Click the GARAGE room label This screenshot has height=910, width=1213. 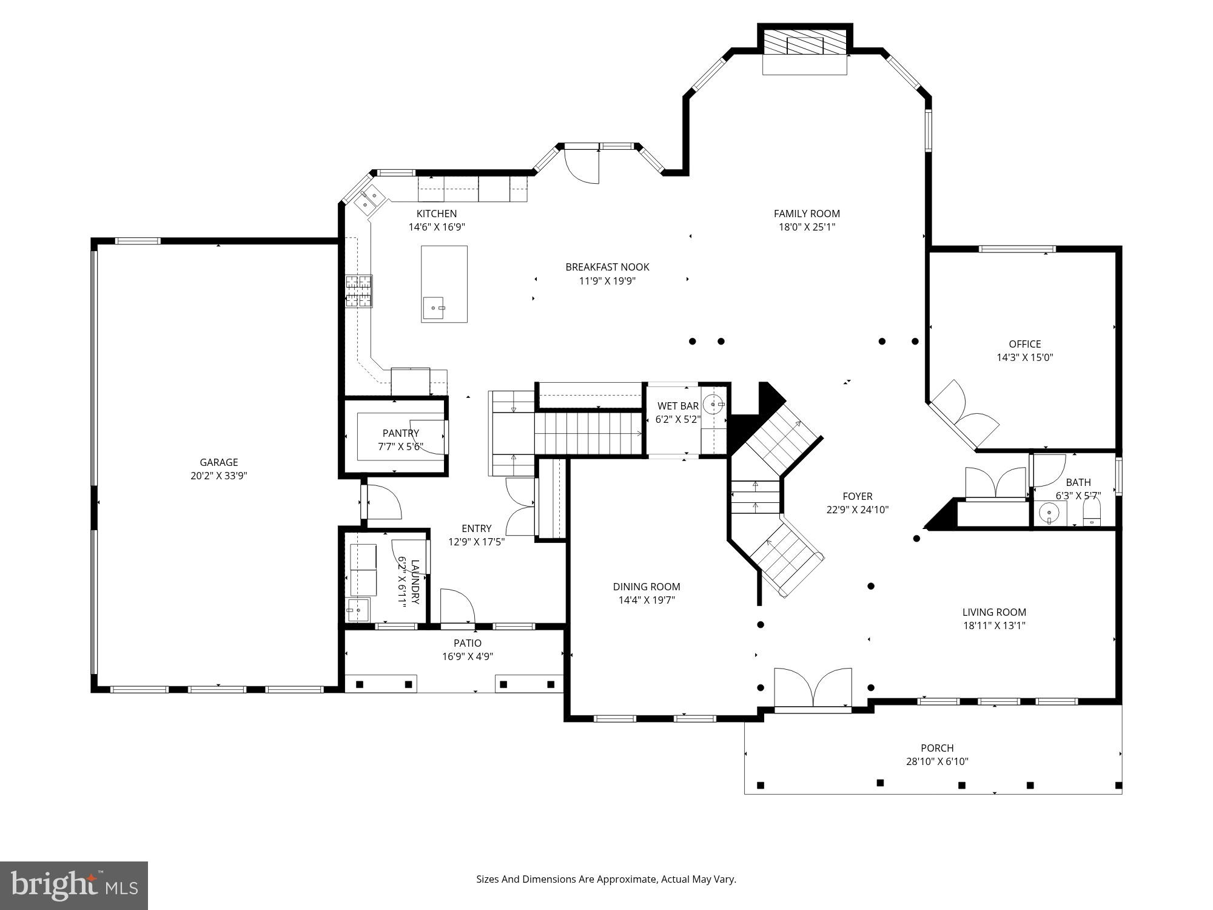[218, 462]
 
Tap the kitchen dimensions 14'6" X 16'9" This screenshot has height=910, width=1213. [436, 227]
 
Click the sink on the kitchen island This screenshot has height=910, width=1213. [434, 308]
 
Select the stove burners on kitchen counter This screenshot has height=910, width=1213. [358, 291]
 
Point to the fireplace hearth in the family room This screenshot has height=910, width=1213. [804, 64]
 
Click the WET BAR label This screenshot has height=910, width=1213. [677, 406]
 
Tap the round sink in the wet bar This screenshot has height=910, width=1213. [713, 403]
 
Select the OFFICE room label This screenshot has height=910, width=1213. [1024, 344]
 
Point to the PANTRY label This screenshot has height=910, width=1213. [400, 433]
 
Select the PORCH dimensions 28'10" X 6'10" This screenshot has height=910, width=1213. [937, 761]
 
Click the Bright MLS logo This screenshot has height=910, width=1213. [74, 886]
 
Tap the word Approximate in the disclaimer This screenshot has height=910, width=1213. [627, 879]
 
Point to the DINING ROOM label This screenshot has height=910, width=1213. [646, 587]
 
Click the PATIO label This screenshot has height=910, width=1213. [468, 643]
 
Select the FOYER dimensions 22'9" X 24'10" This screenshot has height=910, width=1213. [857, 510]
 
